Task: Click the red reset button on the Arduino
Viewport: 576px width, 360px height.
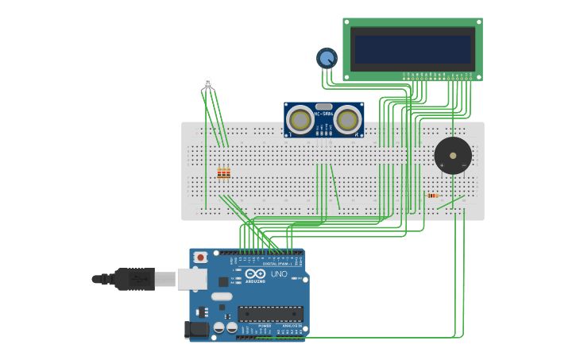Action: (201, 257)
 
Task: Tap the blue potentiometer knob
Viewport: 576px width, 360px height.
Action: (327, 57)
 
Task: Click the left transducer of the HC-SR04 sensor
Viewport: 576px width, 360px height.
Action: (300, 118)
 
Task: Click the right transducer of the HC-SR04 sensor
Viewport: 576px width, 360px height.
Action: (347, 118)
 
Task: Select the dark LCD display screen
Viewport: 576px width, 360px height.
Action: (413, 48)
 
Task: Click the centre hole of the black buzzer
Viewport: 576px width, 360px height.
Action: (453, 155)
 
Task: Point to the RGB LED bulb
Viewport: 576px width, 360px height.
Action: (208, 82)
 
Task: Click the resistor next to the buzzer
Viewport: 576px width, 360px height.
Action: (432, 195)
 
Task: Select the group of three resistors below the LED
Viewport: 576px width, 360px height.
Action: (223, 172)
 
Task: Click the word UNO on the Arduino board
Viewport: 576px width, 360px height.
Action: (279, 273)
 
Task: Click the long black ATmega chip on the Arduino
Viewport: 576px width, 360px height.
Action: (270, 314)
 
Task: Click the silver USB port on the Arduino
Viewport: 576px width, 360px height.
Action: (191, 278)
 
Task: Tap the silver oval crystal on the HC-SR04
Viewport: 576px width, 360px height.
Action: (323, 106)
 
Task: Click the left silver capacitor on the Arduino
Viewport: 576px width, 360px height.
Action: (218, 327)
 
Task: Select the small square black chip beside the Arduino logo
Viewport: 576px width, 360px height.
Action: (223, 281)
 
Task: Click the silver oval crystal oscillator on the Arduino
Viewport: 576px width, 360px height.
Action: (222, 297)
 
